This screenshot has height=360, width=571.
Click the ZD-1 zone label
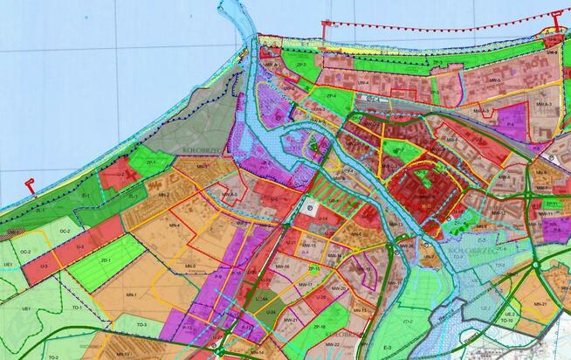[107, 260]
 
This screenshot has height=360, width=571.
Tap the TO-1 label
[77, 308]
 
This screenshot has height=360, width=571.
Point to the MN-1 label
[131, 294]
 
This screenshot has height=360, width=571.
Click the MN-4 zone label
[174, 225]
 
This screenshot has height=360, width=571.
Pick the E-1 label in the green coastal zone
[86, 197]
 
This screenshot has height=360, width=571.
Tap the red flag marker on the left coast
[29, 185]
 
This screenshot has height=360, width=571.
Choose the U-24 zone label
[272, 311]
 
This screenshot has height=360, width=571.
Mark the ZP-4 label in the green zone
[331, 95]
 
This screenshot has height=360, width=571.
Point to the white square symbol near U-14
[311, 206]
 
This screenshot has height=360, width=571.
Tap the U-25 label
[320, 297]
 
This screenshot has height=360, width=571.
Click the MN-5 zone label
[190, 266]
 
